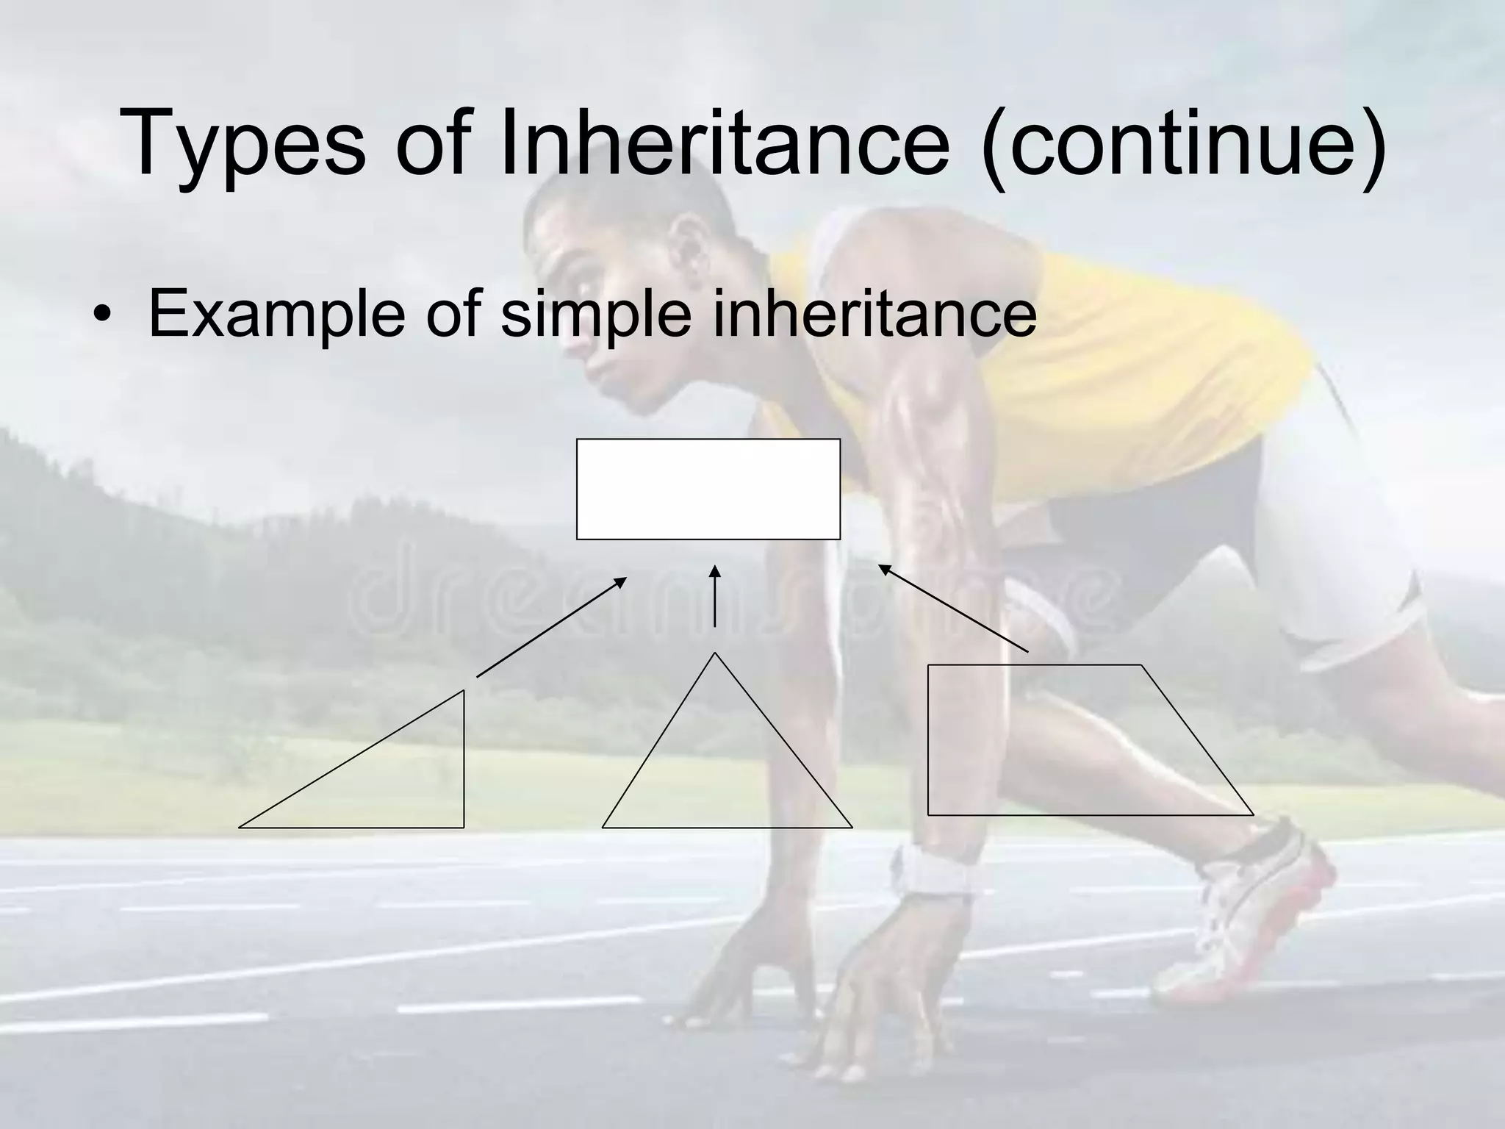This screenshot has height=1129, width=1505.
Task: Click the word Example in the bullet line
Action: coord(276,315)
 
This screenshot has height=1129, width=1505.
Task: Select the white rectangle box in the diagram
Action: coord(708,489)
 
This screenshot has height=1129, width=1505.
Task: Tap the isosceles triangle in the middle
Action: coord(724,772)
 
